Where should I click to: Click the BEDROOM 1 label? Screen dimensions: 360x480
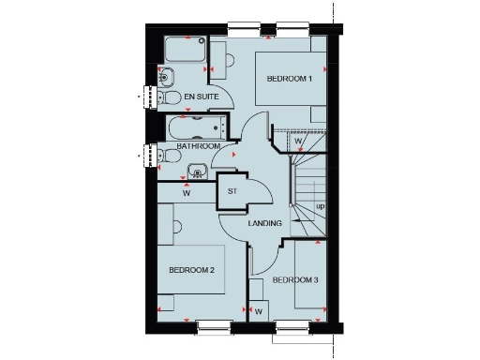click(x=290, y=79)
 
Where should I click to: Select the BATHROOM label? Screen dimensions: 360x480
click(x=199, y=147)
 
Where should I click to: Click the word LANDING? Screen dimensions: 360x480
click(x=265, y=225)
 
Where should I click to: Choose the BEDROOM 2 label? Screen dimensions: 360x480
click(x=192, y=271)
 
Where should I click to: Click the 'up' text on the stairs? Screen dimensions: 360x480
click(x=321, y=206)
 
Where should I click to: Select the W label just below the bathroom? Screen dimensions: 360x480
click(x=186, y=194)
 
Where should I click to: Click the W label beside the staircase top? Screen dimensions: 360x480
click(x=299, y=142)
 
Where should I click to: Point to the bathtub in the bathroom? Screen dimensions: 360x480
click(x=197, y=127)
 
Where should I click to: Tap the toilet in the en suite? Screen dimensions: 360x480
click(x=169, y=96)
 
